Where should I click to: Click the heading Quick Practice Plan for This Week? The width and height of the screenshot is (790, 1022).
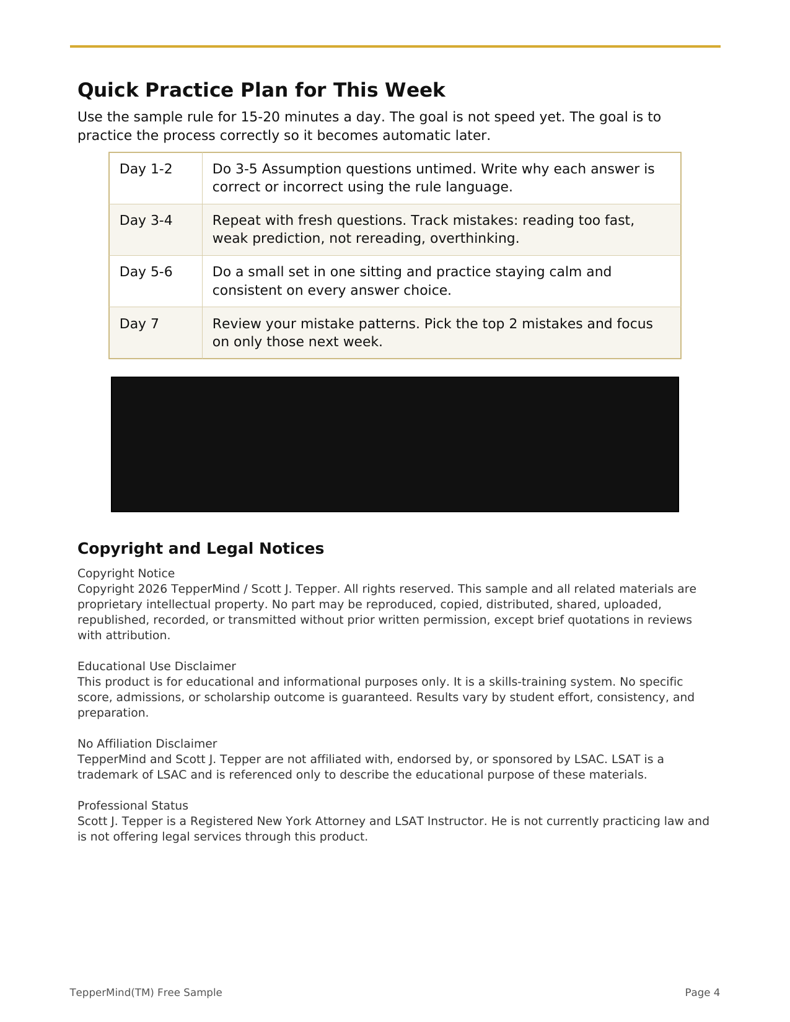(x=261, y=90)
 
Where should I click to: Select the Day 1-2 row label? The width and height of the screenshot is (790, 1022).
(x=146, y=169)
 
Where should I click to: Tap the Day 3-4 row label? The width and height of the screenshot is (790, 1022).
(x=146, y=221)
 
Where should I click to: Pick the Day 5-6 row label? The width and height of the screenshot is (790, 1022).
(x=146, y=272)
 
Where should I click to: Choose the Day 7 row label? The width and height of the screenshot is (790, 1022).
(x=139, y=324)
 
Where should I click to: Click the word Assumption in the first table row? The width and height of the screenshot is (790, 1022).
(x=296, y=169)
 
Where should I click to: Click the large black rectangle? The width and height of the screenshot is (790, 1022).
(x=395, y=444)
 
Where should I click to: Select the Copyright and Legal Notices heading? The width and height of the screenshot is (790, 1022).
(x=200, y=549)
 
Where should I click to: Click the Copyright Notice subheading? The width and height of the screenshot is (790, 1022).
(x=126, y=574)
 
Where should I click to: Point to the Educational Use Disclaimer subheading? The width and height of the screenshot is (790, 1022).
(x=156, y=666)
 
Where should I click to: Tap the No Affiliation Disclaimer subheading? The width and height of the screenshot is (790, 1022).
(x=147, y=744)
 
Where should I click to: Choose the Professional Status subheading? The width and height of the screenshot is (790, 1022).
(x=133, y=806)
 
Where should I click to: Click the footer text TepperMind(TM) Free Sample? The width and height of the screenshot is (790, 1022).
(x=146, y=992)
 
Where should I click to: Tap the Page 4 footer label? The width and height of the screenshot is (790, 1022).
(x=702, y=992)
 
